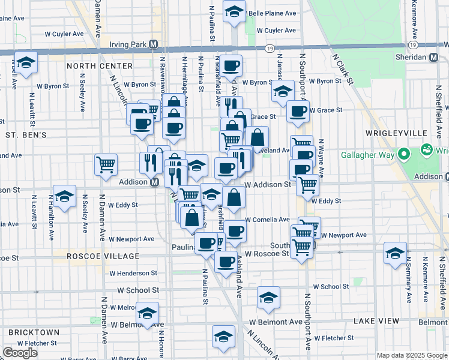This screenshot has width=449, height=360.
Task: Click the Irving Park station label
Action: click(128, 44)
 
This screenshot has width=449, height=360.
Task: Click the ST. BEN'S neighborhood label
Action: click(26, 135)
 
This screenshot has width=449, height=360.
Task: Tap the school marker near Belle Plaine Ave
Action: click(234, 11)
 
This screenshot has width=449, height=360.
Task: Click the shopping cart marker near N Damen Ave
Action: click(106, 164)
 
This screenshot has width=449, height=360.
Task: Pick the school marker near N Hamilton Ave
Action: click(64, 196)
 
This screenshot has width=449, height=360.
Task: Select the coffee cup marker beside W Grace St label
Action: click(298, 110)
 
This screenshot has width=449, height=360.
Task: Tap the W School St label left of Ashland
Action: click(138, 290)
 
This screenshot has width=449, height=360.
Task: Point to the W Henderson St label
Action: click(133, 273)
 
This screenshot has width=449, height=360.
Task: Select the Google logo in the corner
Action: click(20, 353)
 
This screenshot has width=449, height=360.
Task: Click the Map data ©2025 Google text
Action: click(411, 355)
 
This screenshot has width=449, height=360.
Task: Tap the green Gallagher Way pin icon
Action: click(428, 149)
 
